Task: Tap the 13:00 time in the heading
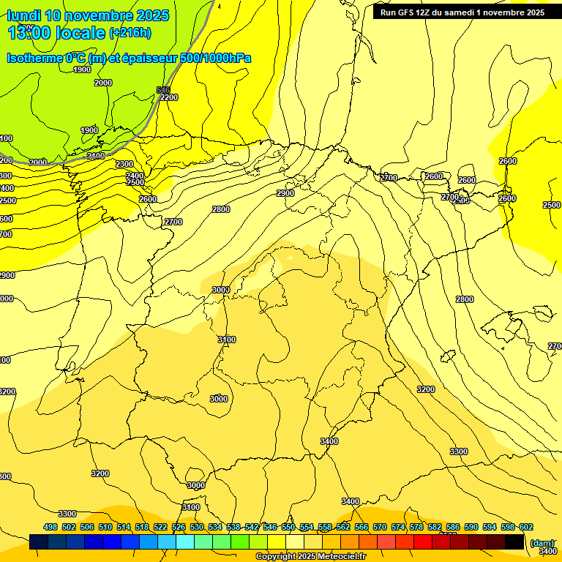click(29, 33)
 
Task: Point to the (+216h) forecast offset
click(130, 33)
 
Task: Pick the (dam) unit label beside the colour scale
click(542, 542)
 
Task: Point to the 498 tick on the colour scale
click(50, 527)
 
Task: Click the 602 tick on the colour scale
click(526, 527)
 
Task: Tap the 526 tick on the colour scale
click(179, 527)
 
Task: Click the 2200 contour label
click(168, 97)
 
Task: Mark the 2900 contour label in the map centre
click(285, 193)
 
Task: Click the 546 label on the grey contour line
click(162, 90)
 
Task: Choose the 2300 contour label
click(124, 165)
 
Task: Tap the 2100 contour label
click(95, 156)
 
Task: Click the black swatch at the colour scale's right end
click(514, 542)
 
